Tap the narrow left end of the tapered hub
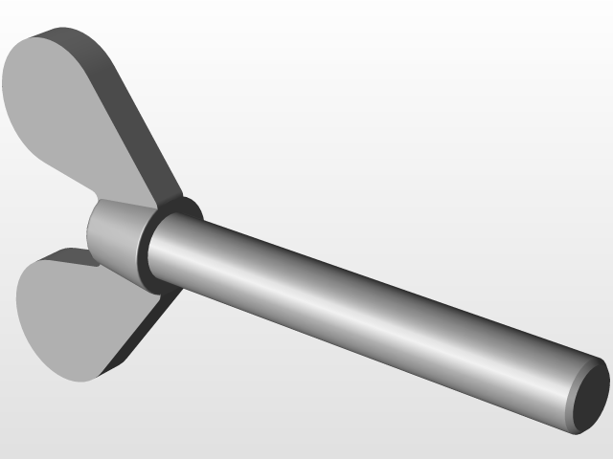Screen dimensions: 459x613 (92, 229)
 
